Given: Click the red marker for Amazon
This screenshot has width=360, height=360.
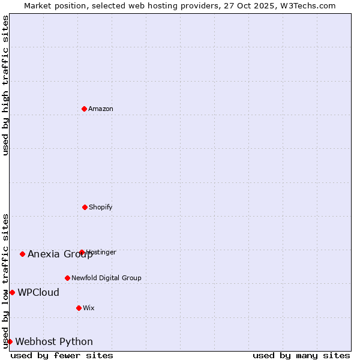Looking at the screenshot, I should (x=85, y=109).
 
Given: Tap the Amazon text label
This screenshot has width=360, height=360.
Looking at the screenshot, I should (x=101, y=109).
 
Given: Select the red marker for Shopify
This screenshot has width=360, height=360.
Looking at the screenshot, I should (x=85, y=207).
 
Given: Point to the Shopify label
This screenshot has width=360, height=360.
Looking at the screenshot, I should (x=101, y=207).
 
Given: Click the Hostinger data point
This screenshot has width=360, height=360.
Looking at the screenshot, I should (x=82, y=252).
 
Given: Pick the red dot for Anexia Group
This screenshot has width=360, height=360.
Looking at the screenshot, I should (x=22, y=254).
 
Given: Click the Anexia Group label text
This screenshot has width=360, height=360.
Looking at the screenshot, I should (x=60, y=254).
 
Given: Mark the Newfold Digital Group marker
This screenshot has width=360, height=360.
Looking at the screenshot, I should (x=67, y=278).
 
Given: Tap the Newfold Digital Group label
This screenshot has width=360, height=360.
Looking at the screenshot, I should (x=106, y=278).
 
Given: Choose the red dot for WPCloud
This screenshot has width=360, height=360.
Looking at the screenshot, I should (x=12, y=292).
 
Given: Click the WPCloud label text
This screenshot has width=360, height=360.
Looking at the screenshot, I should (x=38, y=292).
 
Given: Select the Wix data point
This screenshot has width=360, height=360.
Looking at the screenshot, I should (x=79, y=308).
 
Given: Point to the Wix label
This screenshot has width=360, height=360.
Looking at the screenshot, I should (x=89, y=308).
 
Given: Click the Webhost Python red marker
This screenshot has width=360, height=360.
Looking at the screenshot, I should (x=10, y=341).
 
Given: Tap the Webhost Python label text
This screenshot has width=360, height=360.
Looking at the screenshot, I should (x=54, y=341).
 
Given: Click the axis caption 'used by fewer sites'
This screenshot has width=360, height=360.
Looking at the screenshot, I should (x=62, y=355).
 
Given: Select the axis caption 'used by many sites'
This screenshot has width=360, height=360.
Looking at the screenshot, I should (x=301, y=355).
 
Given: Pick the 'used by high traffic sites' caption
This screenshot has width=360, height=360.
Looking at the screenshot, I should (x=5, y=85).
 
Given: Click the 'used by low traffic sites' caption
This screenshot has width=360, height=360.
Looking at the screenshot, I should (x=5, y=281).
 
